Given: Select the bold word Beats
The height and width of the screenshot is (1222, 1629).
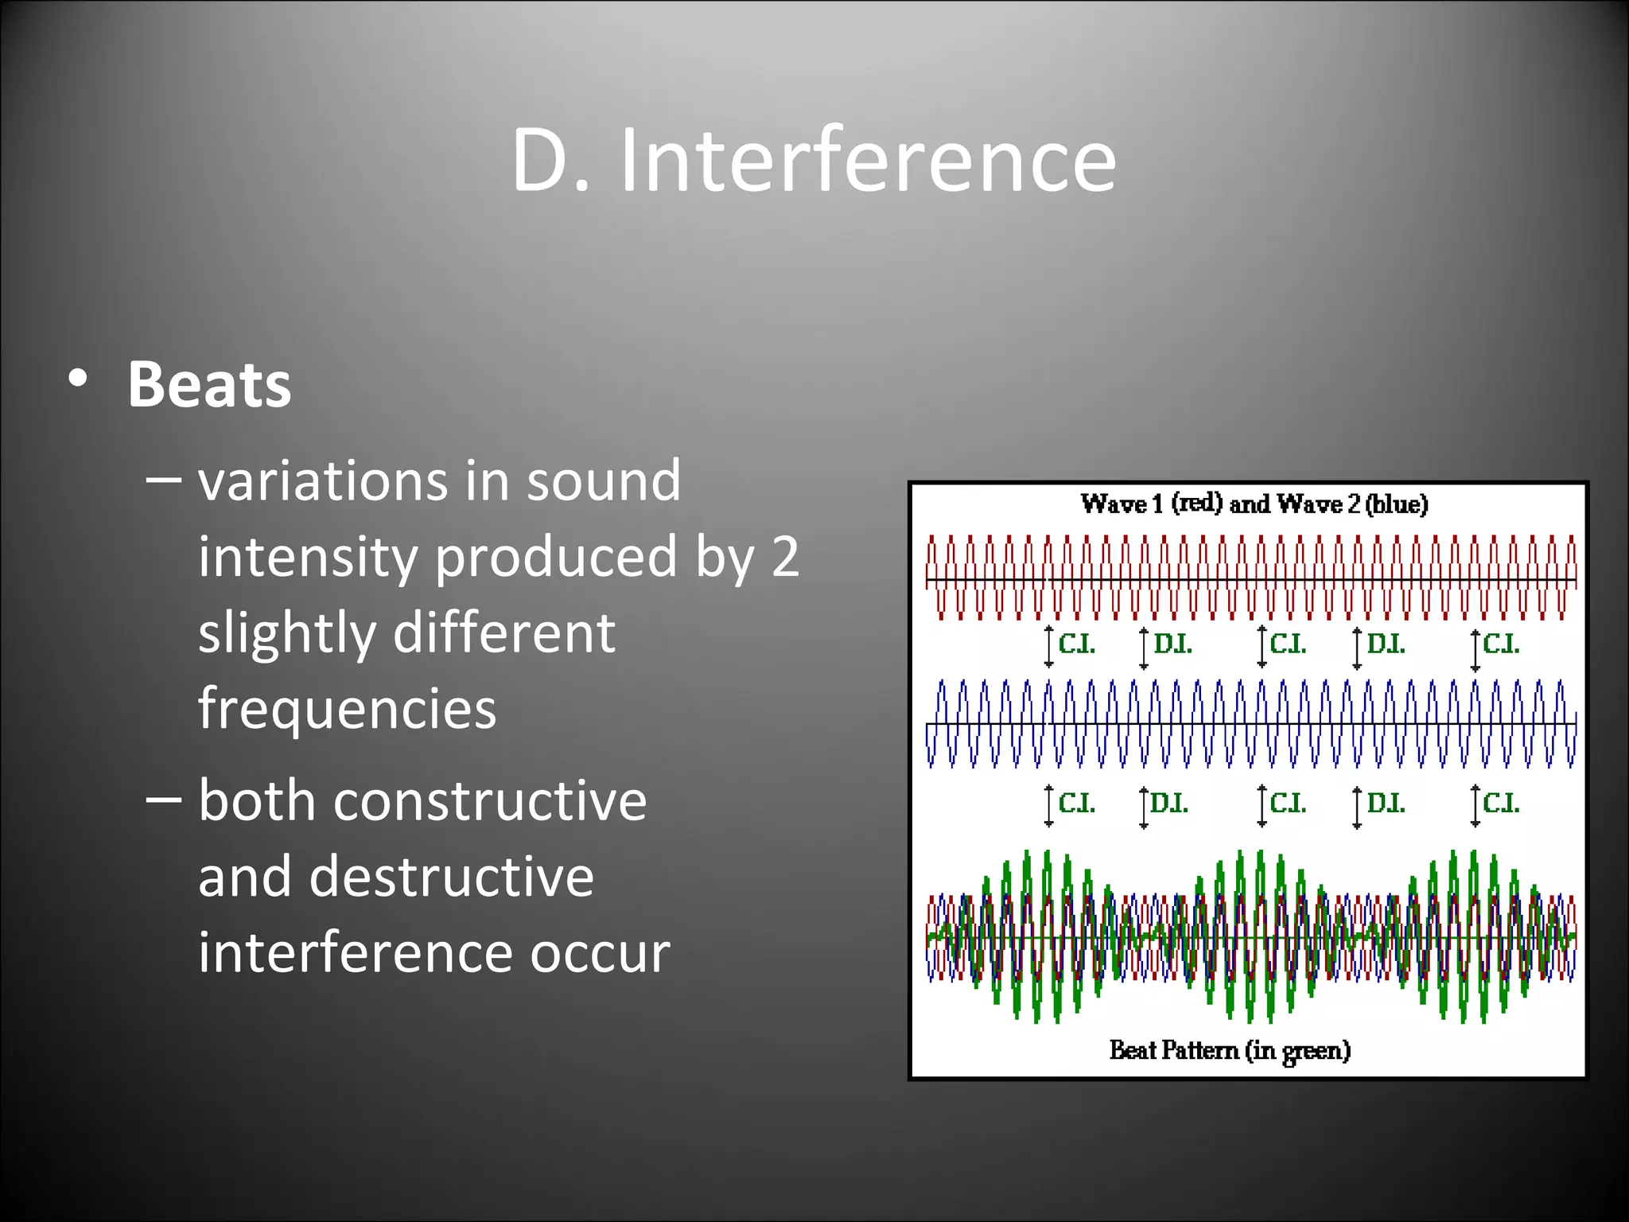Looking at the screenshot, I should tap(209, 385).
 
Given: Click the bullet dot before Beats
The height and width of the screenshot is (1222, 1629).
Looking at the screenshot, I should tap(77, 379).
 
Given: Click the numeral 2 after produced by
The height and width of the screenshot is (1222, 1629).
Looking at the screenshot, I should tap(785, 557).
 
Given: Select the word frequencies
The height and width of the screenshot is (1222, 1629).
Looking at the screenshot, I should tap(347, 708).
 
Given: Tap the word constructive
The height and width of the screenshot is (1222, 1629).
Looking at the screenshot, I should tap(490, 800).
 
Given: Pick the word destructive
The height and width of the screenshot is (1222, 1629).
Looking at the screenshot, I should tap(451, 877).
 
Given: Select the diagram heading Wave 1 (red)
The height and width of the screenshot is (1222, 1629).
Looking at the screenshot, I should tap(1150, 504).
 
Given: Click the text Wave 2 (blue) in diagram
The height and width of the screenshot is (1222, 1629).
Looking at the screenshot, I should tap(1352, 504).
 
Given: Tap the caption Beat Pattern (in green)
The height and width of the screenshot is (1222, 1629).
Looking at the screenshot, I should tap(1230, 1050).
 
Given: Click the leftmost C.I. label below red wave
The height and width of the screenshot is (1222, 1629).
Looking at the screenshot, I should tap(1077, 644).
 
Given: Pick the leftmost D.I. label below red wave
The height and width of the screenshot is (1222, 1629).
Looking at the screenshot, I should tap(1172, 644).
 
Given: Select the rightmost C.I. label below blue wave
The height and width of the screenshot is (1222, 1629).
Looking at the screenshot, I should tap(1501, 804).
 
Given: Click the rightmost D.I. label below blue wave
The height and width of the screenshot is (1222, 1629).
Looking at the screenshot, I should tap(1386, 804).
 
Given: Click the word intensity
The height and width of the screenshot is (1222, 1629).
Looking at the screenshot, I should tap(308, 557).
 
